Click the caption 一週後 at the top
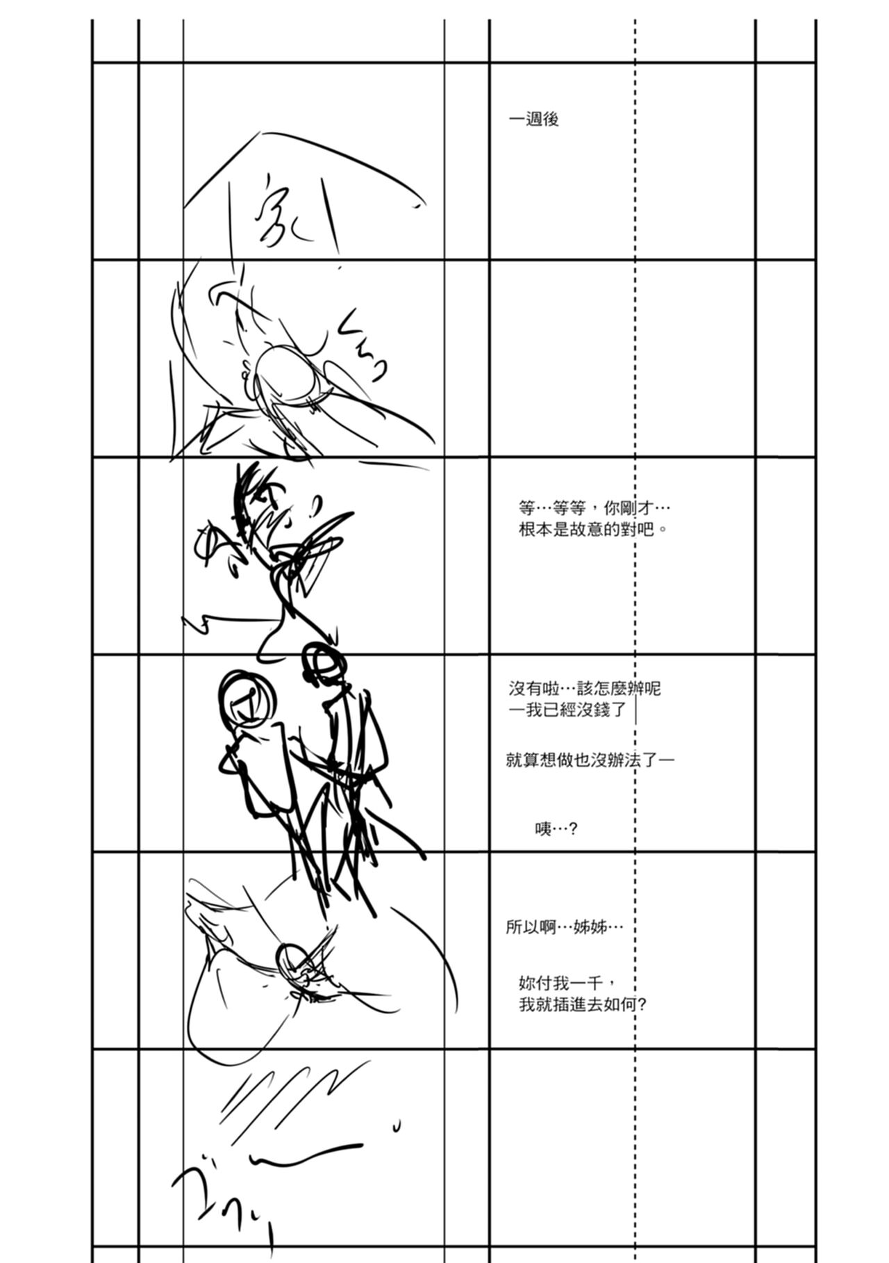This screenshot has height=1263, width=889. [x=533, y=120]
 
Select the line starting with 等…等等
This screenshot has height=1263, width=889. [x=595, y=508]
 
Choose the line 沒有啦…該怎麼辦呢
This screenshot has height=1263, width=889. [x=584, y=689]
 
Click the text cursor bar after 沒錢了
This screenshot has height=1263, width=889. [x=636, y=710]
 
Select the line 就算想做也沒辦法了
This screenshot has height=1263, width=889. [x=589, y=760]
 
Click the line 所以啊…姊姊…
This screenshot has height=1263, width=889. [x=564, y=927]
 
